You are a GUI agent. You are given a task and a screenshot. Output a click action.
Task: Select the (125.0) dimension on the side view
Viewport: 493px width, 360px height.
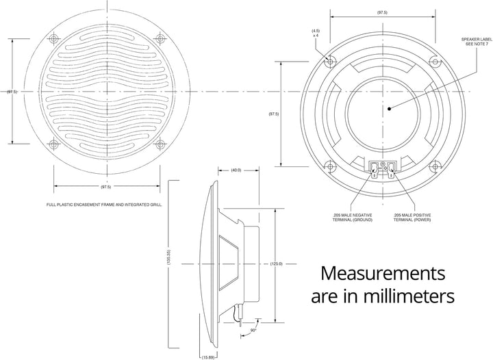pyautogui.click(x=276, y=263)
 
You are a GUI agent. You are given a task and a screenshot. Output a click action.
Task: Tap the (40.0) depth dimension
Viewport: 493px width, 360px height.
pyautogui.click(x=235, y=170)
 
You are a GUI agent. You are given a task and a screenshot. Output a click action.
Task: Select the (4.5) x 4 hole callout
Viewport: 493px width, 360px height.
pyautogui.click(x=316, y=34)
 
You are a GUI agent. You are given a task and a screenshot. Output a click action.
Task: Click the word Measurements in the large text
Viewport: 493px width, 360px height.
pyautogui.click(x=384, y=273)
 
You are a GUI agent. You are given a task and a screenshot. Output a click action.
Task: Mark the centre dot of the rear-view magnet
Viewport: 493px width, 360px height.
pyautogui.click(x=388, y=107)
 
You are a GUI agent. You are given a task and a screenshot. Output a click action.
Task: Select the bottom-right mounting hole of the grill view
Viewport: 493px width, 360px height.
pyautogui.click(x=160, y=144)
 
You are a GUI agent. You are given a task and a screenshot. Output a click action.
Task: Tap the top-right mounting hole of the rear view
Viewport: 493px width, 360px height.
pyautogui.click(x=435, y=60)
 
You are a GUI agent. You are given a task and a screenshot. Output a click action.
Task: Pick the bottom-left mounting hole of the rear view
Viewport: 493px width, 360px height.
pyautogui.click(x=331, y=165)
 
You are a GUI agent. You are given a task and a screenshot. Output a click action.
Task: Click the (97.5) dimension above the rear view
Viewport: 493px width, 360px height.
pyautogui.click(x=383, y=12)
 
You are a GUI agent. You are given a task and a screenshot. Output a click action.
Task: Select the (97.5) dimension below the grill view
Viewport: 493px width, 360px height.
pyautogui.click(x=107, y=187)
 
